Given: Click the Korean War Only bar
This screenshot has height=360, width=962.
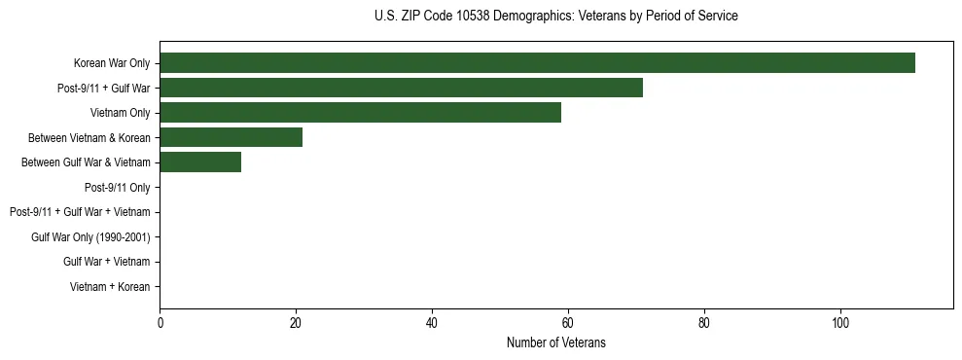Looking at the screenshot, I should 537,63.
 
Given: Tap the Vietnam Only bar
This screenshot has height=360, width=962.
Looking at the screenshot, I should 360,113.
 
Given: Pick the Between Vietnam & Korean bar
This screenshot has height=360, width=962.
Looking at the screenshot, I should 231,137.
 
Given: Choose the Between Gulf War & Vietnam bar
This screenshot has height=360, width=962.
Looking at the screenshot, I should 200,162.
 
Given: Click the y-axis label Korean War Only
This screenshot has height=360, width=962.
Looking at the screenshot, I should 112,63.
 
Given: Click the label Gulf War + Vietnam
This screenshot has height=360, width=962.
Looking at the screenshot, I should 107,262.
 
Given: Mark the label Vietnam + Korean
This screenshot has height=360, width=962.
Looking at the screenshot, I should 110,287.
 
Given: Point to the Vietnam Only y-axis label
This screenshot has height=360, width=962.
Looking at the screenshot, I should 121,113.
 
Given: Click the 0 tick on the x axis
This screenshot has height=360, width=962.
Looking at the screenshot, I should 160,323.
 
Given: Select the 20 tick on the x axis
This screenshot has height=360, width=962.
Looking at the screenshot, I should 296,323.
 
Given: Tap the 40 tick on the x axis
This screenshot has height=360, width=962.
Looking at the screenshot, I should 432,323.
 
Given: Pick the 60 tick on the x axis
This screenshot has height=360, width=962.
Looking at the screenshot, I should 568,323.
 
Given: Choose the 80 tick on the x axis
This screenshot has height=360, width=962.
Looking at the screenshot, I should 704,323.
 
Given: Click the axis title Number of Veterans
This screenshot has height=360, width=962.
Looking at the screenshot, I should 556,342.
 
